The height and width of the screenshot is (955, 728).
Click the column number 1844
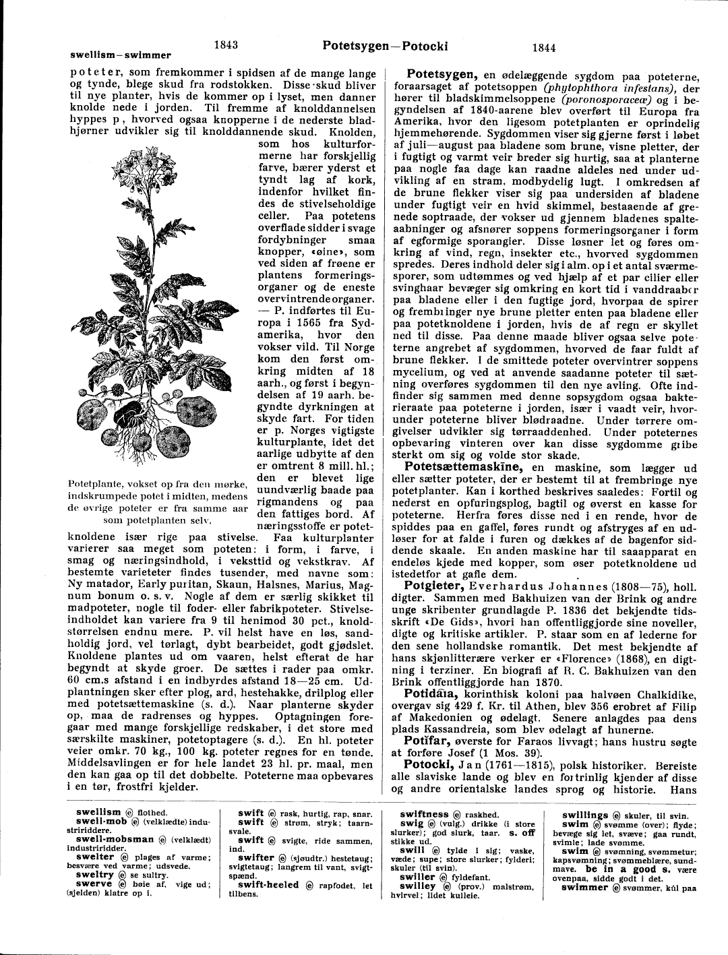click(x=543, y=48)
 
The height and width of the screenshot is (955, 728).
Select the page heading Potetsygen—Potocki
click(x=386, y=47)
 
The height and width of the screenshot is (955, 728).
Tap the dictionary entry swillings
click(x=585, y=815)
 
